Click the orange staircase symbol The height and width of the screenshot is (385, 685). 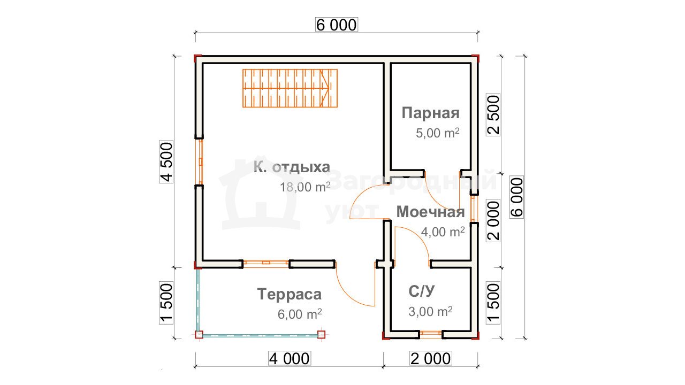coord(290,88)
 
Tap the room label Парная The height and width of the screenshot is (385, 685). coord(430,113)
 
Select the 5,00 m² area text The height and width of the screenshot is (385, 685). coord(438,133)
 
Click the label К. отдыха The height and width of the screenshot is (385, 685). coord(292,167)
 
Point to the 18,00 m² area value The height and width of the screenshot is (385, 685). coord(305,187)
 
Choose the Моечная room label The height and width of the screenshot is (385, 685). coord(431,212)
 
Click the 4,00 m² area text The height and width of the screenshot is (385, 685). coord(443,232)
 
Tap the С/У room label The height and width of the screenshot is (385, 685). coord(421,291)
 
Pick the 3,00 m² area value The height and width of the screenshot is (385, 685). coord(430,312)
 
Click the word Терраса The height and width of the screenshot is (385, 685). coord(290,294)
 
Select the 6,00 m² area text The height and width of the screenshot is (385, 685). coord(300,314)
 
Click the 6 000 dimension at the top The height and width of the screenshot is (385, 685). coord(337,25)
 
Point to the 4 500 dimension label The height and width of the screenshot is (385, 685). coord(166,161)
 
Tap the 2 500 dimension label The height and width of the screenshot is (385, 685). coord(493,115)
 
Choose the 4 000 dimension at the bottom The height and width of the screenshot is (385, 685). coord(290,358)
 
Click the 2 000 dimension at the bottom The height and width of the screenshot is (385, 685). coord(431,358)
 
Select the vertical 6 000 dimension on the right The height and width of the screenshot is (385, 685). coord(516,197)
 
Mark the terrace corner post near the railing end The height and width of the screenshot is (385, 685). coord(321,334)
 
